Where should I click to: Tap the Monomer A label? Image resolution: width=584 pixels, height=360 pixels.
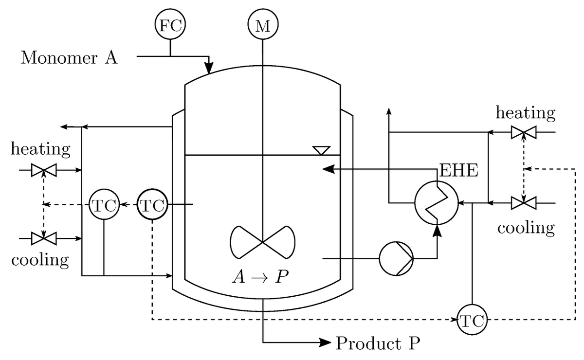(69, 58)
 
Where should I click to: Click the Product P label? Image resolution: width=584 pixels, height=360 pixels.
(377, 343)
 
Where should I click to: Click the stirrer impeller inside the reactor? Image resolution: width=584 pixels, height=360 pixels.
(263, 242)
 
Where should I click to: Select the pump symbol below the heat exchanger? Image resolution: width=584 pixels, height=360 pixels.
(396, 258)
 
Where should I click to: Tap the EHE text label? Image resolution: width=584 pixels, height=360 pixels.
(459, 171)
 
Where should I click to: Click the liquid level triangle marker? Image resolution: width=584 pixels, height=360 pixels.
(322, 150)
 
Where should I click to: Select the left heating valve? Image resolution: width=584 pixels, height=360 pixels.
(44, 171)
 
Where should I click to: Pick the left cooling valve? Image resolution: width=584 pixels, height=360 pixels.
(44, 238)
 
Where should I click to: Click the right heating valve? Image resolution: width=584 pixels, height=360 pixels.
(523, 132)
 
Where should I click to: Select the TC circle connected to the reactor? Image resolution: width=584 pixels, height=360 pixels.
(153, 205)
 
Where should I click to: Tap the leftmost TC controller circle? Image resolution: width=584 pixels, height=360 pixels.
(104, 205)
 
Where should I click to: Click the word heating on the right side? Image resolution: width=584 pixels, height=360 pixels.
(525, 113)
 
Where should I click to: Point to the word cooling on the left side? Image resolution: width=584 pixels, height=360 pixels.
(40, 259)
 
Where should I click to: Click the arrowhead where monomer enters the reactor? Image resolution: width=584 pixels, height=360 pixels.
(209, 68)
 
